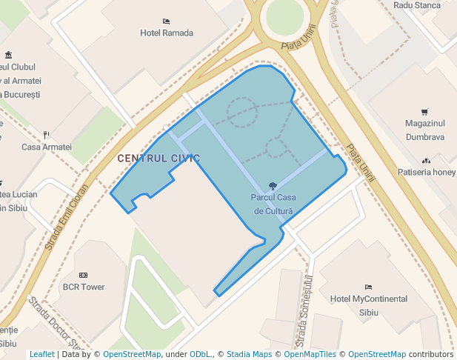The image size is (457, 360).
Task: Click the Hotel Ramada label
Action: pyautogui.click(x=167, y=33)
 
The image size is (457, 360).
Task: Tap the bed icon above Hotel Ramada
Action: pyautogui.click(x=166, y=21)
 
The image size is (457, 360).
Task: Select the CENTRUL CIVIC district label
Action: pyautogui.click(x=159, y=159)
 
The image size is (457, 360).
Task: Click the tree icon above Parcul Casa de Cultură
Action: pyautogui.click(x=273, y=185)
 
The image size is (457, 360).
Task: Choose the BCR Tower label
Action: pyautogui.click(x=84, y=287)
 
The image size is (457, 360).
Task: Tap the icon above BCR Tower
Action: pyautogui.click(x=83, y=275)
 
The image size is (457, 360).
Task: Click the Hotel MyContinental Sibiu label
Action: pyautogui.click(x=368, y=305)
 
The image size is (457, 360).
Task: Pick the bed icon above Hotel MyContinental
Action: pyautogui.click(x=368, y=287)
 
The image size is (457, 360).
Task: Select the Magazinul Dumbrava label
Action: pyautogui.click(x=425, y=130)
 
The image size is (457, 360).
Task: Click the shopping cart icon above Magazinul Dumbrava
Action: pyautogui.click(x=424, y=113)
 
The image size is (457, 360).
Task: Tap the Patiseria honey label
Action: pyautogui.click(x=426, y=172)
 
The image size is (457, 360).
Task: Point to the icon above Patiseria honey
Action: pyautogui.click(x=425, y=160)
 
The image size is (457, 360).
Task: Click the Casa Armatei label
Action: pyautogui.click(x=47, y=147)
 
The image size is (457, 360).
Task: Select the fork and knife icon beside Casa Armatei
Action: pyautogui.click(x=46, y=134)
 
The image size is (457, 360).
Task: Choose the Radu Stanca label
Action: pyautogui.click(x=417, y=5)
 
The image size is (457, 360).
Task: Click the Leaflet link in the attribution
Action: pyautogui.click(x=41, y=354)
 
